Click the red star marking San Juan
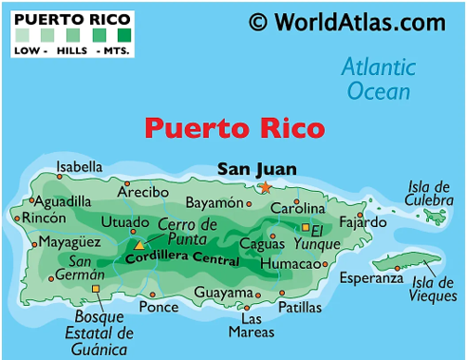click(x=266, y=187)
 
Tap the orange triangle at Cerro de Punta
click(x=140, y=245)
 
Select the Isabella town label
click(x=79, y=168)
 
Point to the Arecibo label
click(x=143, y=192)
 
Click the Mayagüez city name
click(x=69, y=242)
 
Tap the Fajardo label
click(x=364, y=222)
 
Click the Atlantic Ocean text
click(x=379, y=79)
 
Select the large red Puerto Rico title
click(x=233, y=128)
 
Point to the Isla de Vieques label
click(x=433, y=288)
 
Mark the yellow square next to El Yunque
click(x=306, y=228)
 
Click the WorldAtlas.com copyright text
click(x=346, y=21)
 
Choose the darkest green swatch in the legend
click(x=123, y=37)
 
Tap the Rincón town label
click(x=45, y=218)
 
